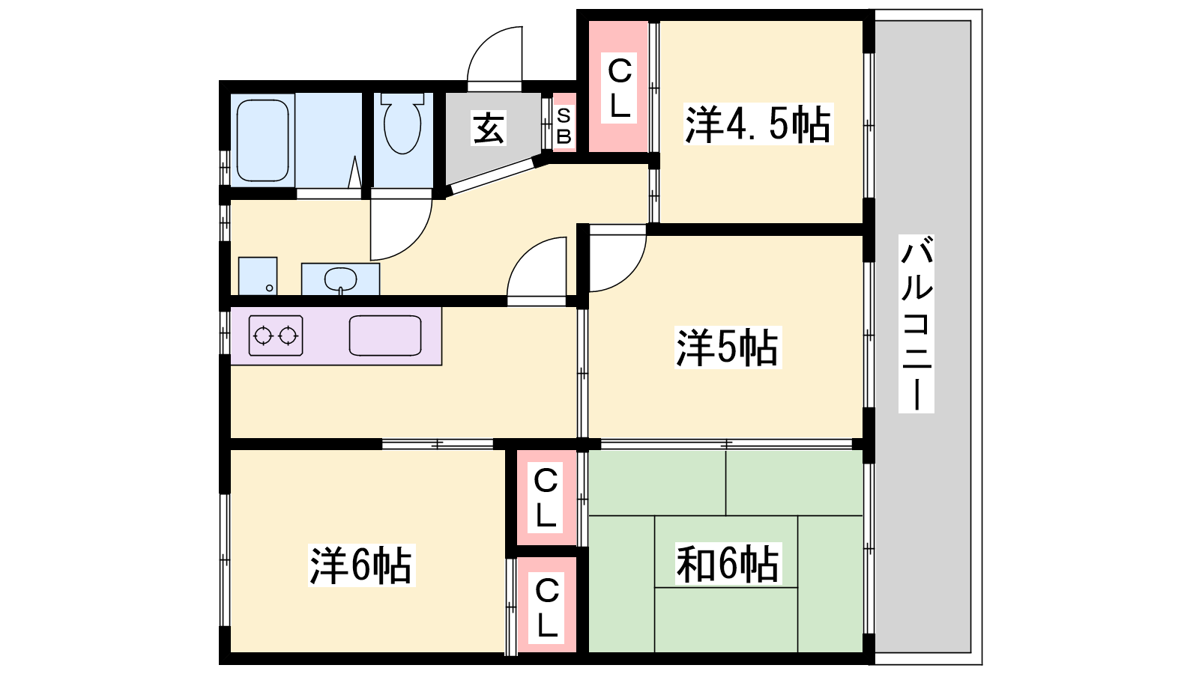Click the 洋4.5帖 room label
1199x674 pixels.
(x=758, y=124)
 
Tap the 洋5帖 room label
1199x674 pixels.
(x=728, y=347)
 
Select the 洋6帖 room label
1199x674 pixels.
(x=361, y=565)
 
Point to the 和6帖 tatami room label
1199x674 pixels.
(x=728, y=564)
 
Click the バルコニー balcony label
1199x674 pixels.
(x=916, y=324)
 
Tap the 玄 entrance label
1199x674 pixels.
(x=488, y=128)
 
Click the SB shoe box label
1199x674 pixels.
(x=564, y=127)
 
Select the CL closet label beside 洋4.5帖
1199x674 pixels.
(x=619, y=88)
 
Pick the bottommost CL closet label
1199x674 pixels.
(x=546, y=608)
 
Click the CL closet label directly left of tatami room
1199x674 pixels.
(x=546, y=497)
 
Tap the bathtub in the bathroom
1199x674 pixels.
(x=262, y=141)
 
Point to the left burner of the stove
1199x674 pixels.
(x=263, y=336)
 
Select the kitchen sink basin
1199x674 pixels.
(x=385, y=336)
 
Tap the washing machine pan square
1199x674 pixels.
(x=258, y=276)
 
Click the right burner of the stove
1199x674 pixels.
(x=288, y=336)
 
